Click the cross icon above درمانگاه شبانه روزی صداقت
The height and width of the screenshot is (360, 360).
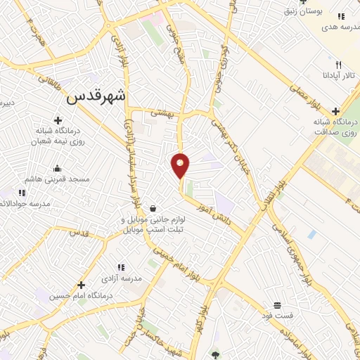coord(336,111)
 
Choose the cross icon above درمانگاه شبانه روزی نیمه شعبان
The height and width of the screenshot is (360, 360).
coord(57,121)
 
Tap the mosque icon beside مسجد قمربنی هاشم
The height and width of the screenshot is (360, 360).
coord(57,169)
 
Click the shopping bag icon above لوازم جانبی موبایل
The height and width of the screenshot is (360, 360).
coord(153,208)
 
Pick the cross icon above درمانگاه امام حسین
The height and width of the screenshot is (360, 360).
coord(82,285)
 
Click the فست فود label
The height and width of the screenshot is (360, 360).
coord(278,315)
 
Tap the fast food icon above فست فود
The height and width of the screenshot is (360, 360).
coord(278,304)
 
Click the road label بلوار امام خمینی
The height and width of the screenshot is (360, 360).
coord(176,261)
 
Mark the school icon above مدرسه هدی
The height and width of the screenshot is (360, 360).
coord(341,16)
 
